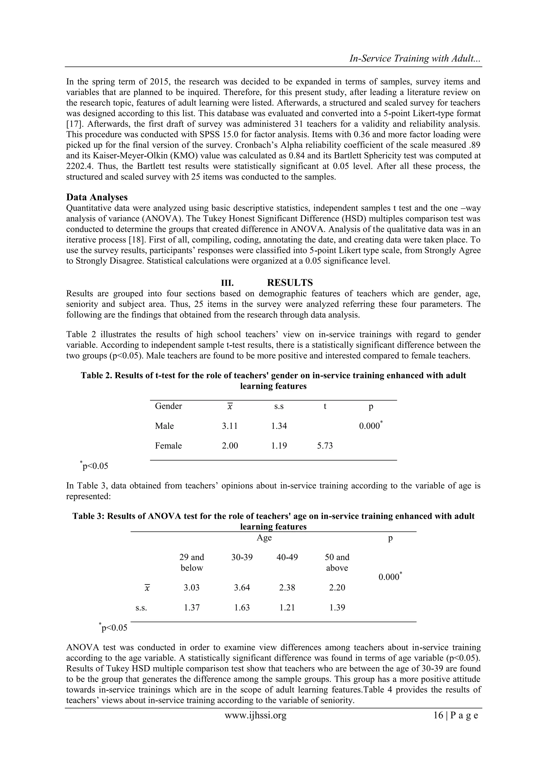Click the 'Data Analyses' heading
97,197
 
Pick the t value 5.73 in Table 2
325,446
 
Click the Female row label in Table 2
168,446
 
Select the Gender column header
168,406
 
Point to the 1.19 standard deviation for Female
279,446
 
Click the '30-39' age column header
242,557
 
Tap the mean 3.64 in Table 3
242,588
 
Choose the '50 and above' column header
337,562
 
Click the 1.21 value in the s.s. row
287,607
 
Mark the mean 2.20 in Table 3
337,588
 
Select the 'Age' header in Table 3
264,538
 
